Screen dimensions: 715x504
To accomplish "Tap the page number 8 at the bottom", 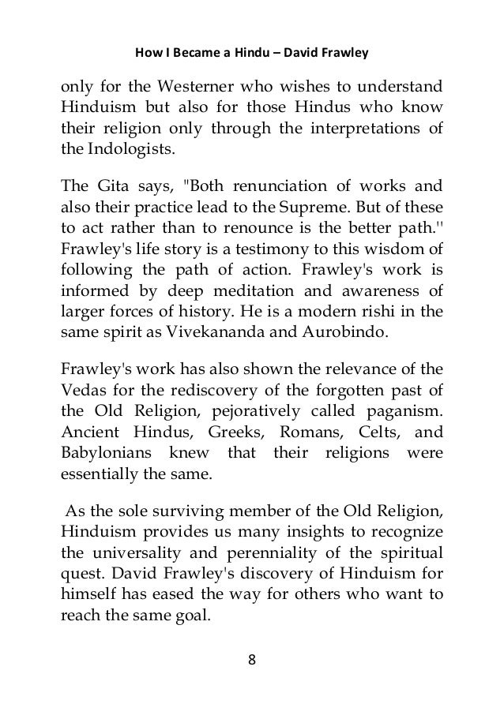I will tap(253, 661).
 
